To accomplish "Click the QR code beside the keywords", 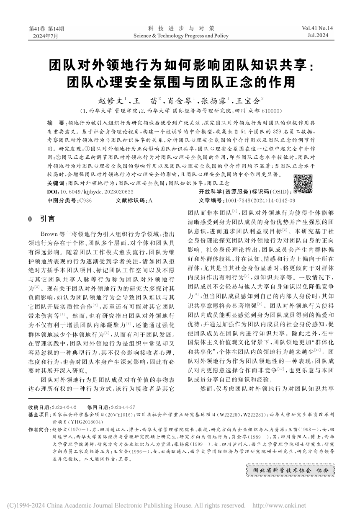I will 303,185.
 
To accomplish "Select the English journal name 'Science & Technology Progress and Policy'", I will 181,36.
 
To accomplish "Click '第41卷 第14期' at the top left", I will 46,29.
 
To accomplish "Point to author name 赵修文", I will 109,101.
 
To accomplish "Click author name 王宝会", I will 248,101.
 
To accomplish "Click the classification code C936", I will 85,201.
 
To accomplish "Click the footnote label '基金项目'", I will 39,414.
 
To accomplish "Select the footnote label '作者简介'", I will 39,430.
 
